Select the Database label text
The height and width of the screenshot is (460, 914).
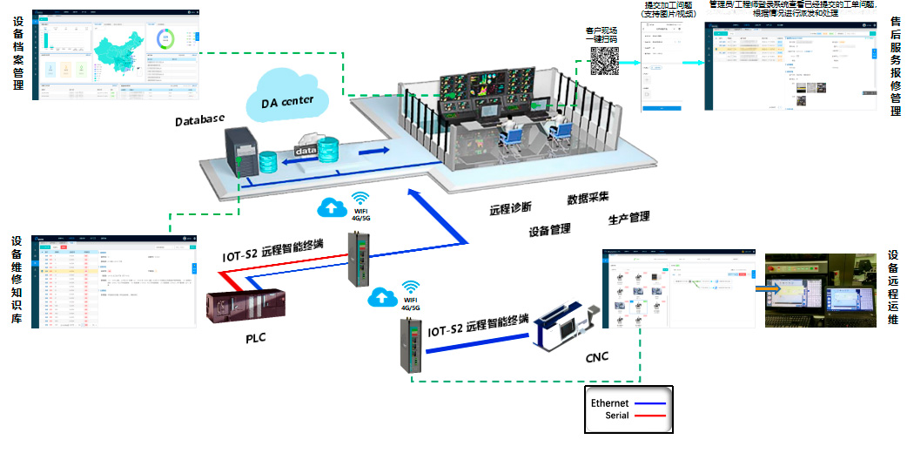click(x=200, y=119)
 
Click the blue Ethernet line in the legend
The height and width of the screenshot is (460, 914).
click(x=649, y=403)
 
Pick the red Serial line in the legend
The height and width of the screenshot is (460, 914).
click(x=649, y=416)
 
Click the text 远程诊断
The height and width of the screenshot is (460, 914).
click(x=510, y=209)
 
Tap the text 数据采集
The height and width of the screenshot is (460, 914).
click(x=588, y=198)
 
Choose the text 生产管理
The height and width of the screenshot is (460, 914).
click(x=628, y=217)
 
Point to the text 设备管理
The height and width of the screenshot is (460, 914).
click(x=549, y=230)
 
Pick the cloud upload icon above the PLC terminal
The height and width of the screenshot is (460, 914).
click(x=332, y=208)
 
